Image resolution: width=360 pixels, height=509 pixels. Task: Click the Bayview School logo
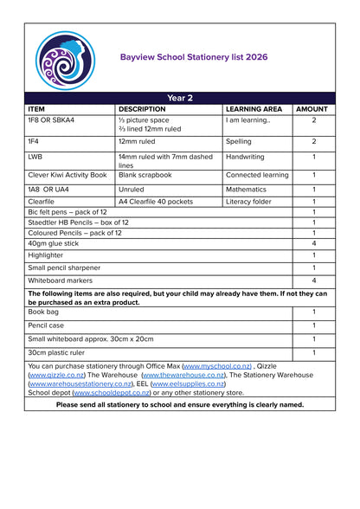click(66, 58)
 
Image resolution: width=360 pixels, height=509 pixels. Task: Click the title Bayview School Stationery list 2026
click(194, 57)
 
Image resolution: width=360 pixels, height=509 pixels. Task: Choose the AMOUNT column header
click(312, 110)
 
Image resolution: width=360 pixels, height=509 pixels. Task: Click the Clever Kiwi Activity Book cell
click(67, 175)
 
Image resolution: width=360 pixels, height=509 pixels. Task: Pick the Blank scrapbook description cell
click(145, 175)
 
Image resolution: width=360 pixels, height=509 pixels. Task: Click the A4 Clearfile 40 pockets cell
click(156, 202)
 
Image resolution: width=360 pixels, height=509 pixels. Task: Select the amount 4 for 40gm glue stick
click(313, 244)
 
